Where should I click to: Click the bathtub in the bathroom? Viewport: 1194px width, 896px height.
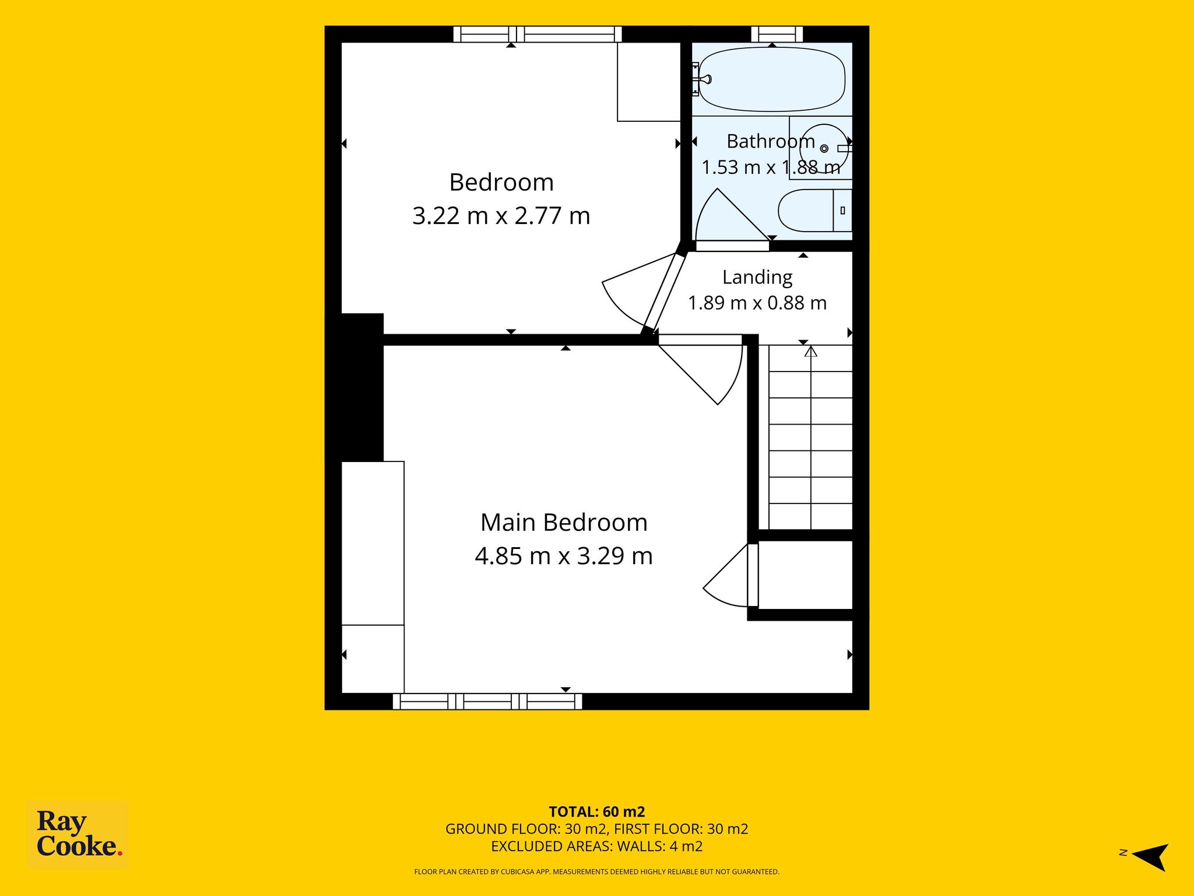click(771, 79)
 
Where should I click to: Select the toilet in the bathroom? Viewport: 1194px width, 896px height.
click(815, 211)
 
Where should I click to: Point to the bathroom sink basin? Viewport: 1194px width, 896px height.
click(828, 148)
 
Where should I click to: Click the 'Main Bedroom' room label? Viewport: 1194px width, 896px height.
click(564, 522)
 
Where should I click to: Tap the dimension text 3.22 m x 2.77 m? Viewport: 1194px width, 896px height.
click(501, 216)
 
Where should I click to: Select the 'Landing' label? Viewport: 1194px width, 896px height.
click(757, 278)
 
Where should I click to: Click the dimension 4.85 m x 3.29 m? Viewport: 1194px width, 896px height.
click(564, 556)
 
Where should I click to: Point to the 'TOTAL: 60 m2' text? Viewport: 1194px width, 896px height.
click(597, 811)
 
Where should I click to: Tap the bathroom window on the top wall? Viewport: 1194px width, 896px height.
click(777, 34)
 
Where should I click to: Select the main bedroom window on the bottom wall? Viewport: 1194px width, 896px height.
click(487, 701)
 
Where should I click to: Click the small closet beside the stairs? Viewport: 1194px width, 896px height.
click(805, 575)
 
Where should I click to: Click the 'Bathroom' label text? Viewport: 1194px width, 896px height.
click(771, 141)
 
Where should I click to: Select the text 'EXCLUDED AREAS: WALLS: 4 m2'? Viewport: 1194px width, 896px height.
click(597, 846)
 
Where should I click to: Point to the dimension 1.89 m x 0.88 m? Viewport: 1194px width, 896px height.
click(757, 303)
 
